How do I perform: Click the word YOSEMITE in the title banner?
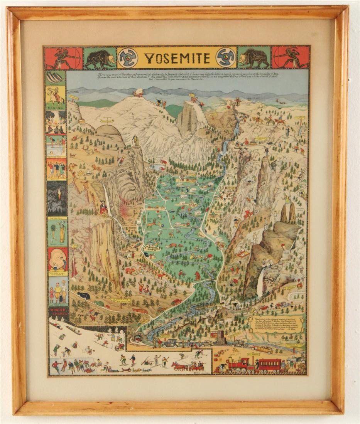pos(178,58)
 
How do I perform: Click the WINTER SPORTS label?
pos(57,311)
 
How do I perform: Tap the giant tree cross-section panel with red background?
pos(57,259)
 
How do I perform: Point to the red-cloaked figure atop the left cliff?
pos(103,207)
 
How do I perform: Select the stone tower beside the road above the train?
pos(221,338)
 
